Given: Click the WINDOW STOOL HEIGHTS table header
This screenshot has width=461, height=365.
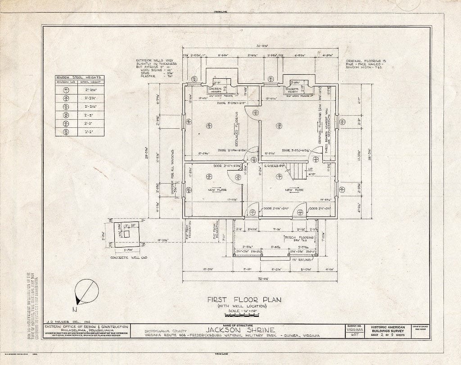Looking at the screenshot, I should tap(79, 77).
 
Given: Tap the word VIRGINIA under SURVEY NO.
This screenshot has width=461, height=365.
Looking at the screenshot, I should tap(356, 329).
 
